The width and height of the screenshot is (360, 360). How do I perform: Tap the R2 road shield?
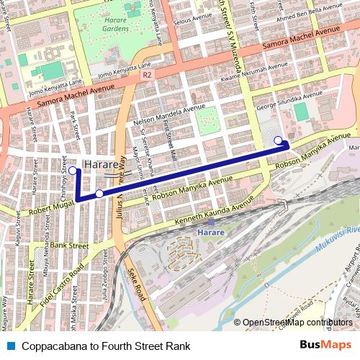(147, 74)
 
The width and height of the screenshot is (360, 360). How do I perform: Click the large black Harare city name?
(102, 165)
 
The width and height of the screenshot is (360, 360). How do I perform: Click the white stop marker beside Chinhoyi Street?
(73, 171)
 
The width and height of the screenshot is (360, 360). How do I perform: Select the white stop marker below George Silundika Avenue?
(278, 140)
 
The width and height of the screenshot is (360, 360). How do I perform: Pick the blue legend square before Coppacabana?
(8, 346)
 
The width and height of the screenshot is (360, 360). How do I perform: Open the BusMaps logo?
(326, 346)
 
